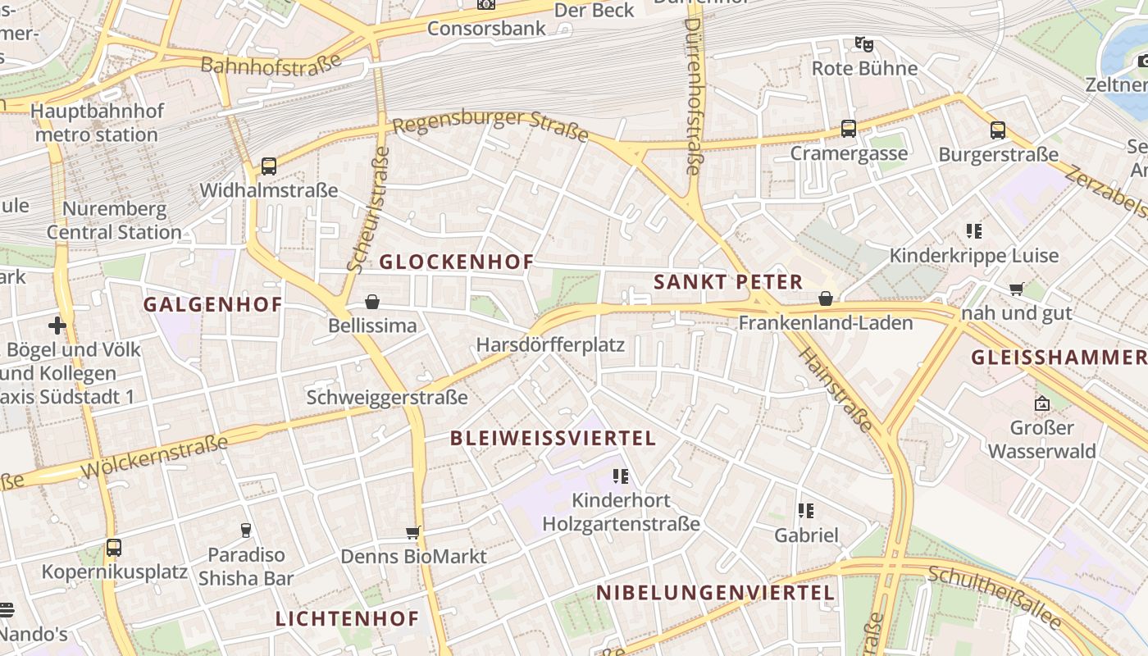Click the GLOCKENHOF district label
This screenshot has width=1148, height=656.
456,262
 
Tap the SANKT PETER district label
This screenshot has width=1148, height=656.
727,282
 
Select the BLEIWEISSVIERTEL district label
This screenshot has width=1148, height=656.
553,438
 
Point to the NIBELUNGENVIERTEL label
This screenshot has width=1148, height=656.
715,592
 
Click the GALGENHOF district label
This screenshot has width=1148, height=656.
212,305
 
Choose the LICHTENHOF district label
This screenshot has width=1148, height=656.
347,618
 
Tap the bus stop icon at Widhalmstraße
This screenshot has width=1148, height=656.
268,166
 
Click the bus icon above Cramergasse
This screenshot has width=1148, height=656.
849,129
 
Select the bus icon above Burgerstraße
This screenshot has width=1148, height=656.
998,130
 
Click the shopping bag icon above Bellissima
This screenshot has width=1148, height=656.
372,302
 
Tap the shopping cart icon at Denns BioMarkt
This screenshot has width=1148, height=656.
413,533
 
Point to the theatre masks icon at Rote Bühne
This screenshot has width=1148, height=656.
863,44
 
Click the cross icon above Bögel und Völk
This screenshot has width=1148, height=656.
57,326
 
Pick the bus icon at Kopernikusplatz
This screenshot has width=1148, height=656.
113,547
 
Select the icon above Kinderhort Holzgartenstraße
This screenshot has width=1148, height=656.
621,476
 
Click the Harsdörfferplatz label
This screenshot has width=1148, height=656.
550,344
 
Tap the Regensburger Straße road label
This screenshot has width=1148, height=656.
490,124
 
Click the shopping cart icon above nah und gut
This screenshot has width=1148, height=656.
1017,289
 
